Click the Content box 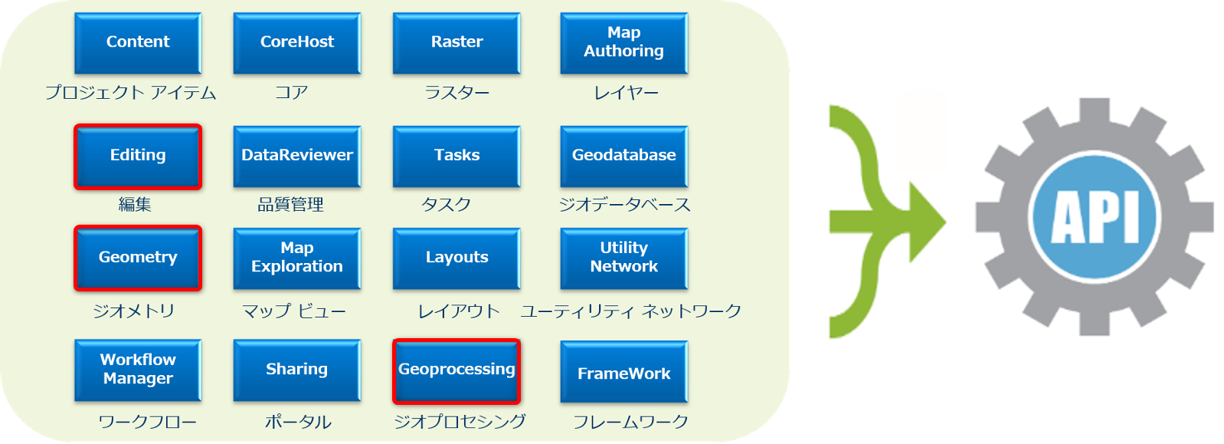pyautogui.click(x=138, y=43)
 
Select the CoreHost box pyautogui.click(x=297, y=43)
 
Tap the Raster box pyautogui.click(x=457, y=43)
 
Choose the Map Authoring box pyautogui.click(x=623, y=43)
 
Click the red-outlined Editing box pyautogui.click(x=138, y=156)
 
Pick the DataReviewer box pyautogui.click(x=297, y=156)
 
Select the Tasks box pyautogui.click(x=457, y=156)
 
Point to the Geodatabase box pyautogui.click(x=623, y=156)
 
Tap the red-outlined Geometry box pyautogui.click(x=138, y=258)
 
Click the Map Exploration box pyautogui.click(x=297, y=258)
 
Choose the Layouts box pyautogui.click(x=457, y=258)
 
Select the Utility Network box pyautogui.click(x=623, y=258)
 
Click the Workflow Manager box pyautogui.click(x=138, y=370)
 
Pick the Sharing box pyautogui.click(x=297, y=370)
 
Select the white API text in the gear pyautogui.click(x=1095, y=216)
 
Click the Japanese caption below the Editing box pyautogui.click(x=135, y=205)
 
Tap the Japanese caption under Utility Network pyautogui.click(x=630, y=311)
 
